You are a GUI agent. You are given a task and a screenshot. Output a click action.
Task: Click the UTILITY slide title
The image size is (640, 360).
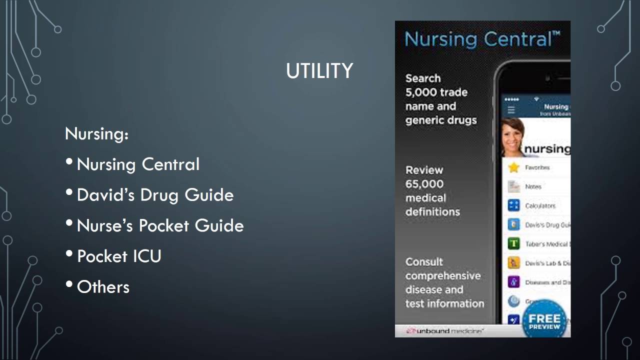tap(319, 71)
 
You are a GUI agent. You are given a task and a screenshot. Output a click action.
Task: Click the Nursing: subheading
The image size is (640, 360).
tap(96, 133)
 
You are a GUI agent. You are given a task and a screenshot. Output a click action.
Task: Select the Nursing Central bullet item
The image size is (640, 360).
tap(138, 164)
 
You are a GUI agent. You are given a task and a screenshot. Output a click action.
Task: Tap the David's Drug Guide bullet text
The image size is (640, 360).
tap(155, 194)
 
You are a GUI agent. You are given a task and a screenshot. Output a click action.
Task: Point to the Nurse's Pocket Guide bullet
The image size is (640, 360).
tap(160, 225)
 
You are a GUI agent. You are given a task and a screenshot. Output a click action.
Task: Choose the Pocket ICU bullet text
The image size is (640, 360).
tap(119, 256)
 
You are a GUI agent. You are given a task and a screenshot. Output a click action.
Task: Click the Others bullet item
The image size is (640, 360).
tap(103, 287)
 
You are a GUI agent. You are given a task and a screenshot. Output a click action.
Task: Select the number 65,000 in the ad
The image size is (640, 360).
tap(424, 184)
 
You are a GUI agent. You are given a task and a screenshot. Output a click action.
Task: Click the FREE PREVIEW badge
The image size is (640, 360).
tap(544, 320)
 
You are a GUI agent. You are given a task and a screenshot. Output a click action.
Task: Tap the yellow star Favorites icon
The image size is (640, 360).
tap(513, 167)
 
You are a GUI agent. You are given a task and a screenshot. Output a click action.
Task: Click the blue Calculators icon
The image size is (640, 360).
tap(513, 205)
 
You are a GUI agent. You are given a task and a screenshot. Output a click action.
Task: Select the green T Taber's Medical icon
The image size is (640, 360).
tap(513, 244)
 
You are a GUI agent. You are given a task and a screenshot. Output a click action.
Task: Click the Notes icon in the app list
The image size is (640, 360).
tap(513, 186)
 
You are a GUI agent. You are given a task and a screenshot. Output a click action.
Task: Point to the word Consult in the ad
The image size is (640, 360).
tap(424, 262)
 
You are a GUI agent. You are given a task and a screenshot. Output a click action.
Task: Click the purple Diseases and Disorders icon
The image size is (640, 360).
tap(513, 282)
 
